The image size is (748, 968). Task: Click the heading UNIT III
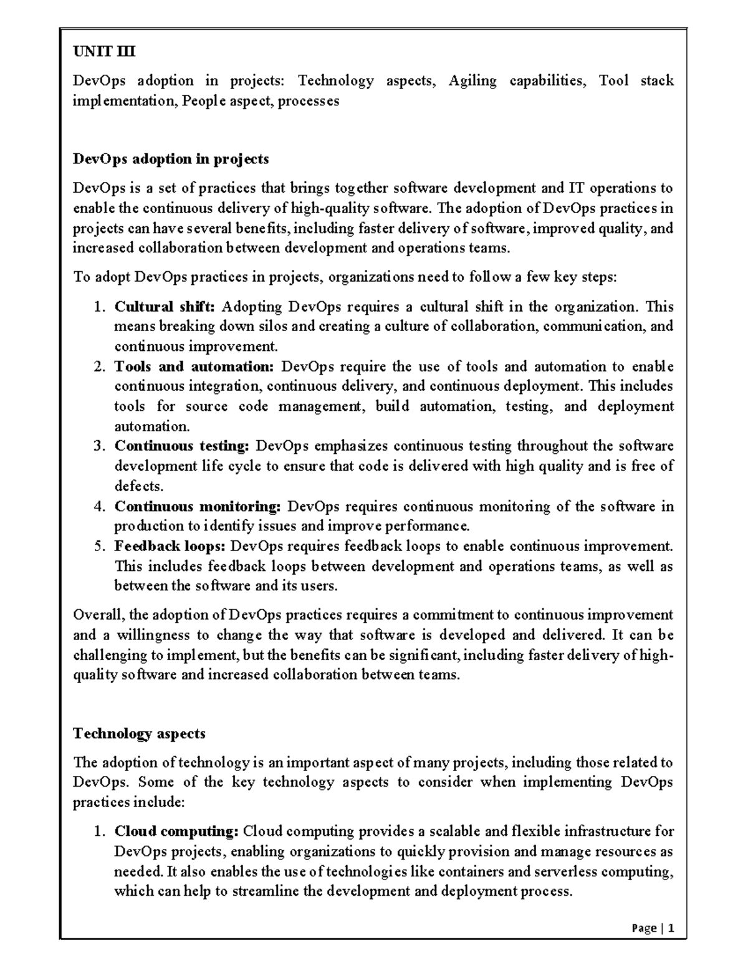(x=104, y=52)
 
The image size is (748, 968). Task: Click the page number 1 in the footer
(x=671, y=929)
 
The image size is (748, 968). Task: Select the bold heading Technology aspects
(x=139, y=734)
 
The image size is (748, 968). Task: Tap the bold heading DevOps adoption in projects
(x=171, y=159)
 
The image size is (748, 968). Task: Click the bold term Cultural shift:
(x=165, y=307)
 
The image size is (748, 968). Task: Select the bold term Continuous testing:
(x=181, y=446)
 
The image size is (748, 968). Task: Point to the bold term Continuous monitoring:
(x=198, y=506)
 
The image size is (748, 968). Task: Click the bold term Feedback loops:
(x=170, y=547)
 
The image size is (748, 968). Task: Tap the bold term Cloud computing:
(x=176, y=831)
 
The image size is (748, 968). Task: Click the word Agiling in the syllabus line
(x=472, y=81)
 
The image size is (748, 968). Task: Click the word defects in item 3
(x=138, y=486)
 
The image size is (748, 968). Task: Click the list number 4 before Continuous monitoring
(x=99, y=507)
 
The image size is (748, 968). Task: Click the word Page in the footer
(x=643, y=929)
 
